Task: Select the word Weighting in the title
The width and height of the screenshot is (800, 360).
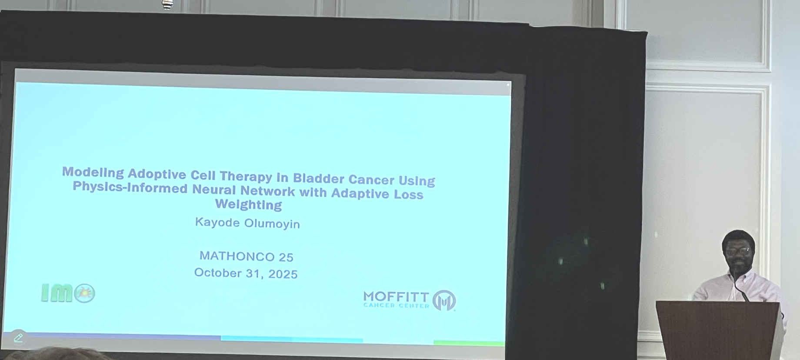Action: click(248, 204)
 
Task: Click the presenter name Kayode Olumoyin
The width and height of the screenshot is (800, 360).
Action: click(247, 223)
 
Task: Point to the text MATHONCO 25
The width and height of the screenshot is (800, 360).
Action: click(247, 257)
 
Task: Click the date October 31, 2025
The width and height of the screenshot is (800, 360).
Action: click(246, 273)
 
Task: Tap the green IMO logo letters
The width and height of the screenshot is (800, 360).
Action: click(57, 293)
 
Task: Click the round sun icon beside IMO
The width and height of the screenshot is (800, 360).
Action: click(84, 293)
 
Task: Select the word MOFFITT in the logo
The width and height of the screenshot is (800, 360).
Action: click(396, 297)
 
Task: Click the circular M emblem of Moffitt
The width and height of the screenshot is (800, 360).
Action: click(444, 300)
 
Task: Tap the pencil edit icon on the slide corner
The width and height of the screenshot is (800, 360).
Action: click(18, 338)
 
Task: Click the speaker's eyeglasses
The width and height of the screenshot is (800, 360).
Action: click(738, 251)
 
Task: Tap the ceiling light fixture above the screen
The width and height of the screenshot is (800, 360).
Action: click(167, 5)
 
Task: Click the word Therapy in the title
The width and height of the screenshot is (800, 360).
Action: click(246, 176)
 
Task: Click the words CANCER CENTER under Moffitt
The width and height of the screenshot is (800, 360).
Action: click(396, 306)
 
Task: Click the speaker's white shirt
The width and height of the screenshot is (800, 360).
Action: click(739, 287)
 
